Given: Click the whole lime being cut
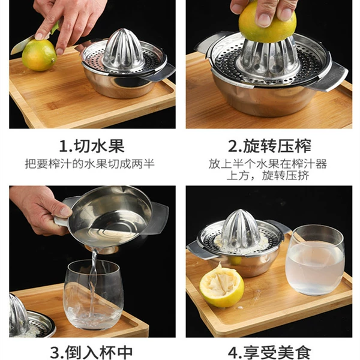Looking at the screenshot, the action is coord(39,55).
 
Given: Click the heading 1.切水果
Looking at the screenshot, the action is coord(92,146).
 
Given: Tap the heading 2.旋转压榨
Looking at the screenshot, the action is coord(269,146).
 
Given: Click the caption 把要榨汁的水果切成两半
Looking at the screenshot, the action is coord(89,164).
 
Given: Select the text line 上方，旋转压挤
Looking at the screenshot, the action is coord(268,176).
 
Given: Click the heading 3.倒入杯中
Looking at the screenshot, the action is coord(91,353).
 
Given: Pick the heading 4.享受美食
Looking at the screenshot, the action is coord(270,353).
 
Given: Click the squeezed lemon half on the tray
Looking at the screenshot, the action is coord(222,286).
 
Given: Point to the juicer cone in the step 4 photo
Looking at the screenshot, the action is coord(241,230).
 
